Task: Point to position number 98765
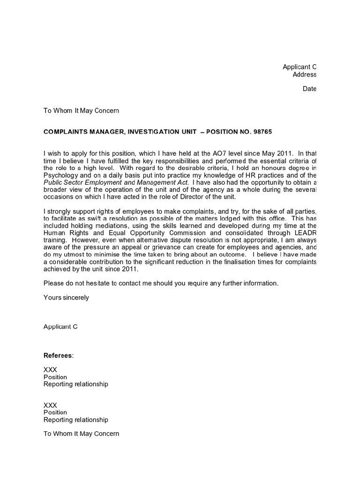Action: pos(261,132)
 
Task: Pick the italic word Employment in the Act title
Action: pos(104,182)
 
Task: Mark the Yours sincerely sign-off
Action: pos(66,298)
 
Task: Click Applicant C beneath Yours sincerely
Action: pos(60,327)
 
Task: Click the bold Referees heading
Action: pos(58,355)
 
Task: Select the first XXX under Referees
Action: pos(50,370)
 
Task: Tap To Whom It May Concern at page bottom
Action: pos(81,434)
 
